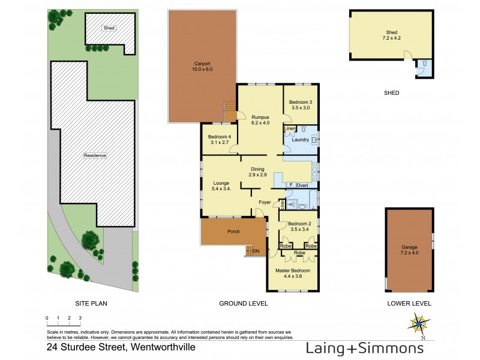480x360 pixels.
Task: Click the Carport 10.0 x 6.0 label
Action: (x=202, y=67)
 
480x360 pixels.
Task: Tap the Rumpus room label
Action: (x=260, y=120)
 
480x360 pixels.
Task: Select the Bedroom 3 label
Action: (x=301, y=105)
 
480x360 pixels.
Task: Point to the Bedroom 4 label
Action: (x=220, y=140)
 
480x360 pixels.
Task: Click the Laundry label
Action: (x=301, y=140)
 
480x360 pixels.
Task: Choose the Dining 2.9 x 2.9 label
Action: (x=257, y=172)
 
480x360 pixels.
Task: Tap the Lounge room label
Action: (x=221, y=186)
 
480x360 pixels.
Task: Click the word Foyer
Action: (x=265, y=202)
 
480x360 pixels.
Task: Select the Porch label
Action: (x=233, y=232)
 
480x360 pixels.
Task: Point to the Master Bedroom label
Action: (x=293, y=273)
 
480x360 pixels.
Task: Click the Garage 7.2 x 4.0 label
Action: (x=409, y=250)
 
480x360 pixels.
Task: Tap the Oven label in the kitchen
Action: (x=302, y=185)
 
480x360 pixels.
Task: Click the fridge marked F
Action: (x=291, y=185)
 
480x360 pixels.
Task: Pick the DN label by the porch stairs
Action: (x=256, y=251)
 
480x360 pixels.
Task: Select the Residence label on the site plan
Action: (x=95, y=155)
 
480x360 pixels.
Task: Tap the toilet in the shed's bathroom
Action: (x=424, y=64)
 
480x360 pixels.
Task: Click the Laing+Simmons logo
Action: (x=365, y=349)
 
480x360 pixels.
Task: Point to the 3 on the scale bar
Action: (x=80, y=318)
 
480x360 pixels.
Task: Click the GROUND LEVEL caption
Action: (x=244, y=304)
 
